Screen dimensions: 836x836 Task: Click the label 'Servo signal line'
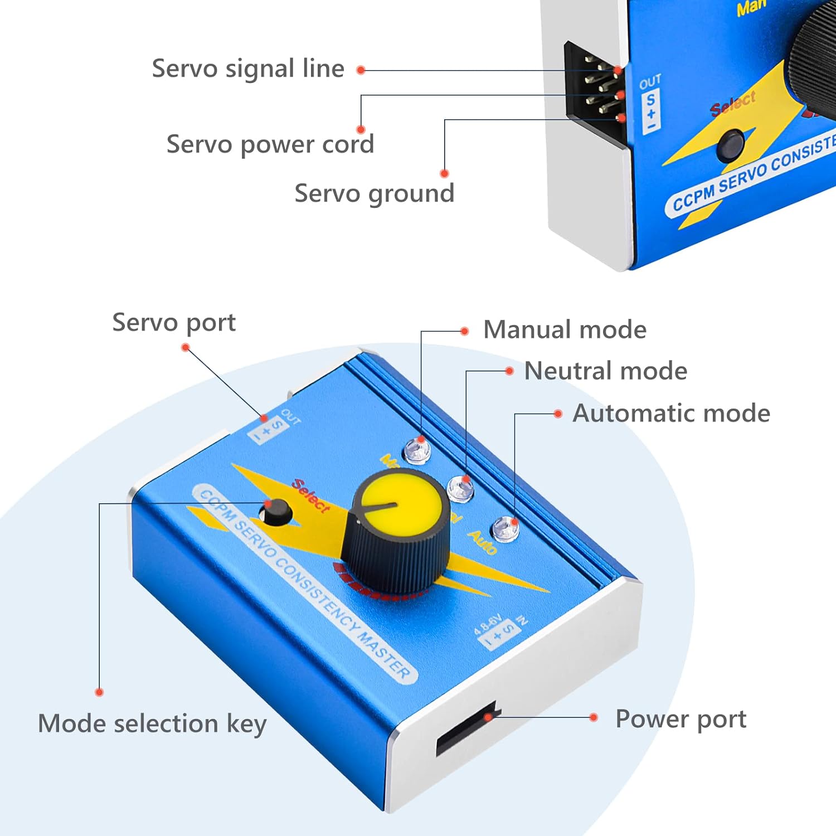tap(248, 69)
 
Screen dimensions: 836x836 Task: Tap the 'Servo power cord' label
tap(270, 145)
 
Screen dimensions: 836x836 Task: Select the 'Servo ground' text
tap(375, 194)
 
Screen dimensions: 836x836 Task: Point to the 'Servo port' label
tap(174, 323)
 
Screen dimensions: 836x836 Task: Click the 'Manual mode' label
tap(565, 329)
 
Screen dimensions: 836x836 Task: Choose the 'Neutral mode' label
tap(606, 371)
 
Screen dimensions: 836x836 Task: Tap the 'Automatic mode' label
tap(671, 414)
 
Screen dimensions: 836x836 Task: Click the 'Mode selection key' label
tap(152, 724)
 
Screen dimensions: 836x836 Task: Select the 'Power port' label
tap(681, 719)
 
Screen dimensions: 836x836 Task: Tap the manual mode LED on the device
tap(417, 450)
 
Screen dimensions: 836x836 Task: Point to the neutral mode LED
tap(461, 488)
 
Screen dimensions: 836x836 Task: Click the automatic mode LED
tap(504, 528)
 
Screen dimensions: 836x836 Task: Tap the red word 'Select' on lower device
tap(311, 495)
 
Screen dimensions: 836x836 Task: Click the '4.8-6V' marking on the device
tap(488, 624)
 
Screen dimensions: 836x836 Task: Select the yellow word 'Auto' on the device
tap(482, 542)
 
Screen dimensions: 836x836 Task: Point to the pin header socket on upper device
tap(595, 89)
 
